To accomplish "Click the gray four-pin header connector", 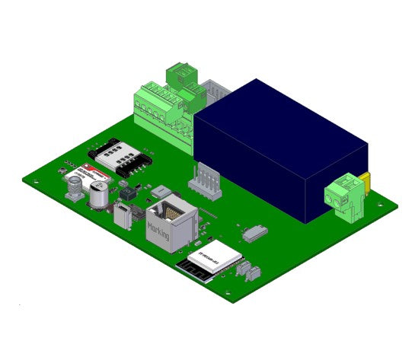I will pos(204,182).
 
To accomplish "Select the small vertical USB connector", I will pos(123,218).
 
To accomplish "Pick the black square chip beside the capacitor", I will pos(126,195).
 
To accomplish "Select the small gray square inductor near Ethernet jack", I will pos(161,190).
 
